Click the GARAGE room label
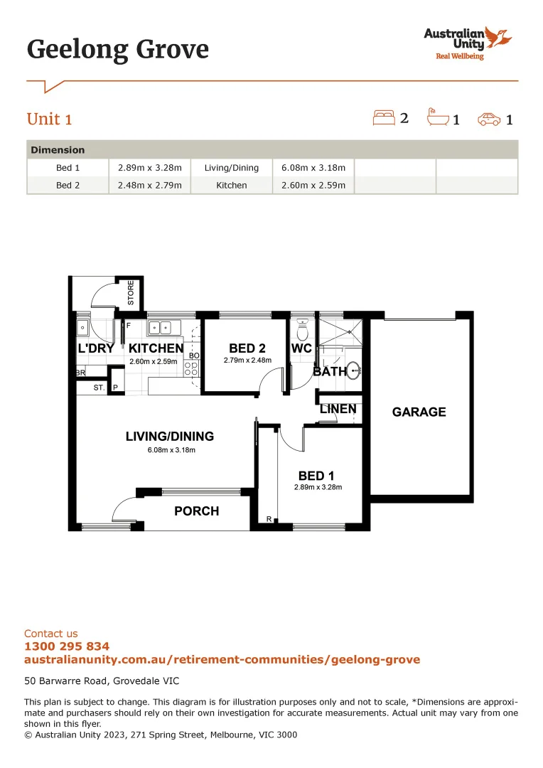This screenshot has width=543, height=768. coord(419,412)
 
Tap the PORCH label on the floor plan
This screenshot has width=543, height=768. coord(197,511)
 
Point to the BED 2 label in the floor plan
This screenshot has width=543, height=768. coord(247,348)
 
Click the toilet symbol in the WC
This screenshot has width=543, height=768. coord(302,331)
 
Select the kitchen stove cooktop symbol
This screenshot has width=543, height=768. coord(190,368)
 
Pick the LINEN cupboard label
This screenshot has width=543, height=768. coord(338,410)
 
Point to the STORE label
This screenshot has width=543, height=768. coord(131,293)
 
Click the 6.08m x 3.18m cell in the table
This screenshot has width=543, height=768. coord(313,168)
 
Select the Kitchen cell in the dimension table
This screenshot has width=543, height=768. coord(232,185)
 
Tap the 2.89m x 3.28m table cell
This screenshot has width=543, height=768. coord(150,168)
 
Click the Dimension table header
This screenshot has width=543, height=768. coord(58,150)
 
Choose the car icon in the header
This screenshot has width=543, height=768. coord(489,119)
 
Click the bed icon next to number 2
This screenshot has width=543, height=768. coord(384,117)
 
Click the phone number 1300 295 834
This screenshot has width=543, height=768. coord(67,646)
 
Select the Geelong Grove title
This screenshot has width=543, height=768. coord(118,49)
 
